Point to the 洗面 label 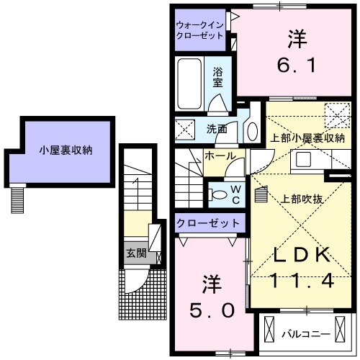pos(217,130)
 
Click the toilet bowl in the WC pos(217,193)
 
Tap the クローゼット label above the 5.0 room pos(208,224)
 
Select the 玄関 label pos(135,253)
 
